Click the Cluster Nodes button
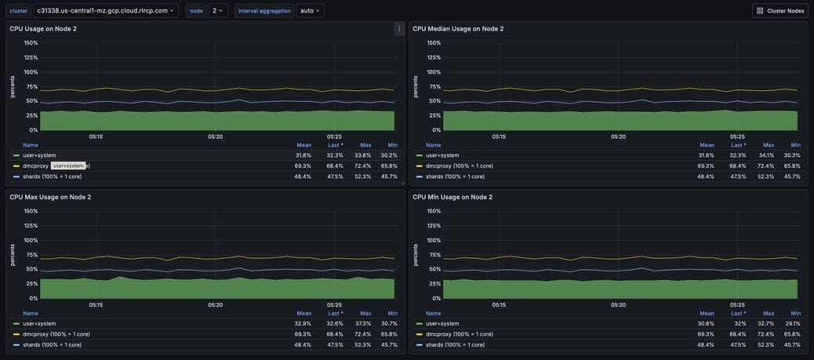(x=779, y=11)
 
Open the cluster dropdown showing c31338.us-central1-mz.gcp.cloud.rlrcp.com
(x=105, y=11)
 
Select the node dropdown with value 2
(x=218, y=11)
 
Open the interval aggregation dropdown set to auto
(x=311, y=11)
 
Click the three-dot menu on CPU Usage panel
(x=399, y=29)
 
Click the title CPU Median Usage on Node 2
(x=458, y=29)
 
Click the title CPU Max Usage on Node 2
(x=50, y=197)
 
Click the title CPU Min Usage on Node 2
(x=452, y=197)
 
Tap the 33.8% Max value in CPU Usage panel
(x=365, y=155)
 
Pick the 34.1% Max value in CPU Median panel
(x=769, y=155)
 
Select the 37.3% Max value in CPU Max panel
(x=365, y=323)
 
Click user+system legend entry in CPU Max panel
(x=39, y=323)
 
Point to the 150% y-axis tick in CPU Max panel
(x=31, y=211)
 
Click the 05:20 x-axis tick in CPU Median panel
(x=618, y=136)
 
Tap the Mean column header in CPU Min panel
(x=707, y=313)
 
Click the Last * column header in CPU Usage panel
(x=334, y=145)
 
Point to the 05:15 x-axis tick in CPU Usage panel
(x=96, y=136)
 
